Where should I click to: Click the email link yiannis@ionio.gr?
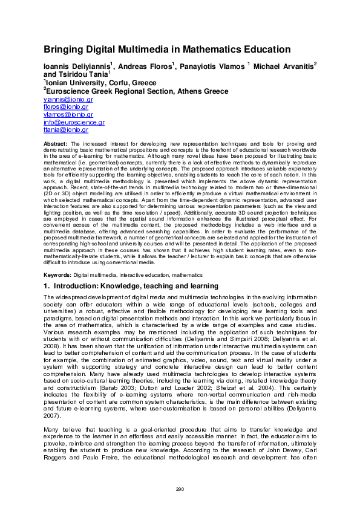click(x=68, y=99)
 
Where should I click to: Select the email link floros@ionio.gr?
click(x=66, y=106)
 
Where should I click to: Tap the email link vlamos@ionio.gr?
click(x=68, y=114)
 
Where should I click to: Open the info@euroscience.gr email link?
click(x=74, y=122)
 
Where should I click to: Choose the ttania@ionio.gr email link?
click(x=66, y=129)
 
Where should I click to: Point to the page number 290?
click(x=180, y=489)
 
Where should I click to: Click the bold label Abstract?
click(x=55, y=143)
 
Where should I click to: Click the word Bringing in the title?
click(x=65, y=50)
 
